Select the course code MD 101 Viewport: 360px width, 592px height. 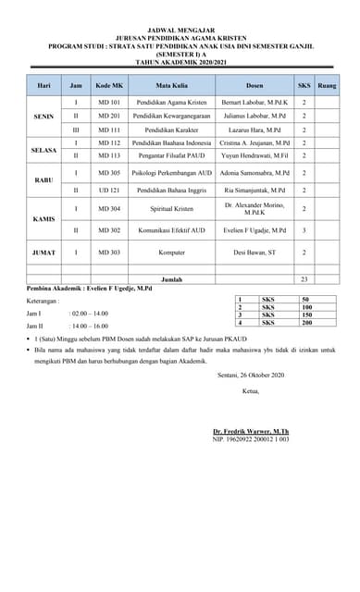(108, 100)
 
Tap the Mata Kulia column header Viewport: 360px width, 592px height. (171, 84)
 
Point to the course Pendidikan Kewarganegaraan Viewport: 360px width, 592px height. (171, 115)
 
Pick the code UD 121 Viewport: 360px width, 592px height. (108, 190)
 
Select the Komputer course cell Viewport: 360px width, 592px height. (171, 251)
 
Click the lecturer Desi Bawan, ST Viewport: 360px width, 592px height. (256, 251)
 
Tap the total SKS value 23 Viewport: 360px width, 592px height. (304, 277)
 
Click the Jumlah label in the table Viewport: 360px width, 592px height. (171, 277)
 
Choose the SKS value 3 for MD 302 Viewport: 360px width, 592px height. (304, 228)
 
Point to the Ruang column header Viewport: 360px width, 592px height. (327, 84)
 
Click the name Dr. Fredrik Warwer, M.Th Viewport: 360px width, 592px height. (251, 431)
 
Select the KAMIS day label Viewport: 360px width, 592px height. (43, 218)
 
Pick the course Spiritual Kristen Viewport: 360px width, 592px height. (171, 208)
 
